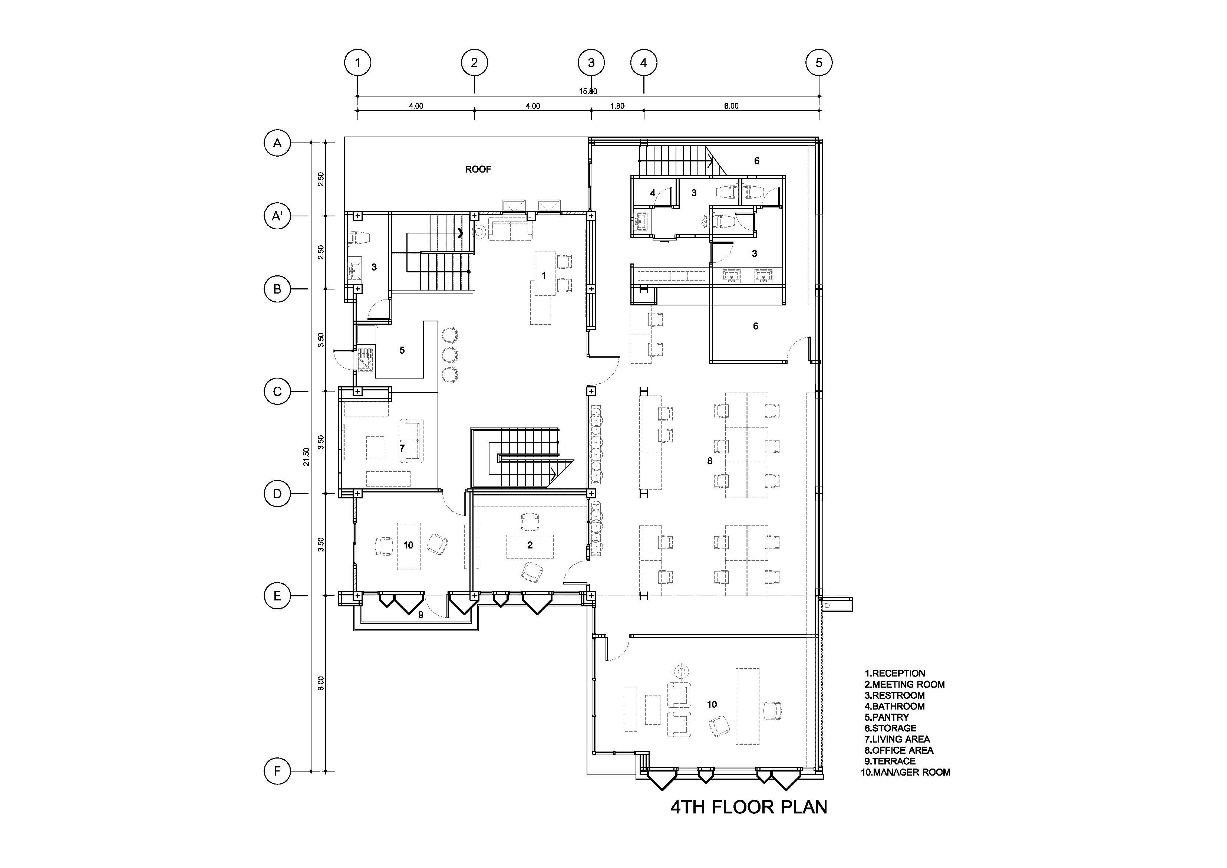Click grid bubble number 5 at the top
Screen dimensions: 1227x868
pos(819,63)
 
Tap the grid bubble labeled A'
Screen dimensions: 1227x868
pos(277,216)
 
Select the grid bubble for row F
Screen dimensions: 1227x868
pos(277,771)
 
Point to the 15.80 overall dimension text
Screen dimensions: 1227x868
pos(588,91)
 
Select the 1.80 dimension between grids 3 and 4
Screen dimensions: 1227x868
pos(617,106)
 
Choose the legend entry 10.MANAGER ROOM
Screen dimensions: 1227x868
pos(905,772)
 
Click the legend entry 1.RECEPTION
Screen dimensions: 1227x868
pos(895,673)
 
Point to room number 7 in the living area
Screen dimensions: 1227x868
pos(402,448)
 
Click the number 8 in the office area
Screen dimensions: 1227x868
pos(710,461)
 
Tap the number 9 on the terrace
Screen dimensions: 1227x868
pos(420,615)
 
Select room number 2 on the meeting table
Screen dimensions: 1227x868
pos(530,545)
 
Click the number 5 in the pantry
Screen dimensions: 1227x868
pos(402,350)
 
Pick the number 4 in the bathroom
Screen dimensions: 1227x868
pos(653,193)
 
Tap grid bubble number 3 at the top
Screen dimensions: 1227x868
pos(591,63)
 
